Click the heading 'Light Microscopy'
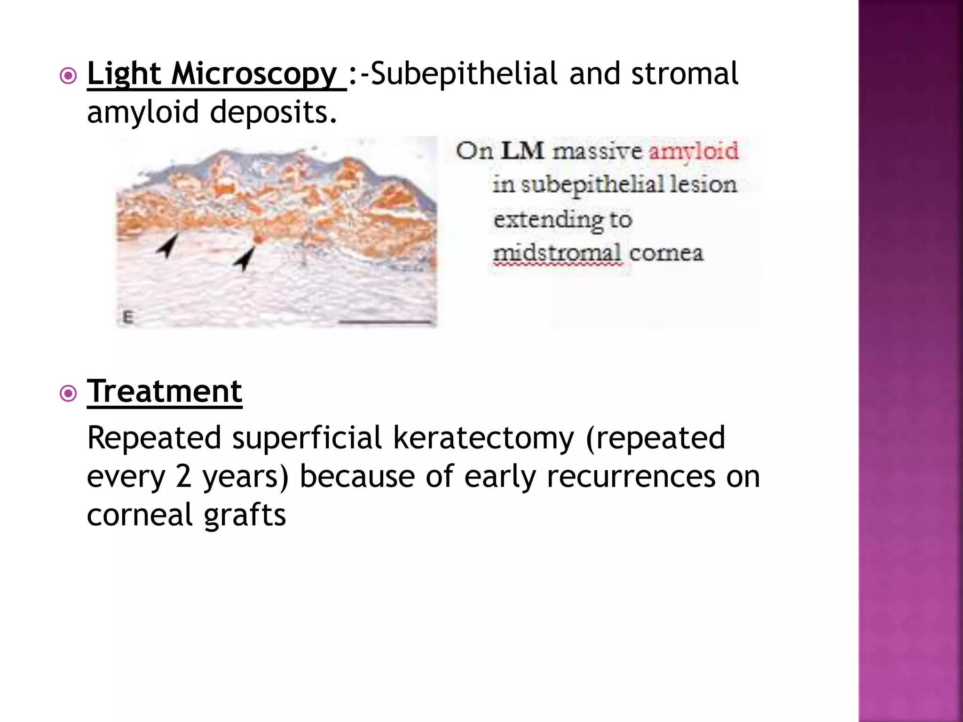pos(212,74)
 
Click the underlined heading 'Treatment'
pos(165,392)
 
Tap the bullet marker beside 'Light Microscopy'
pos(69,76)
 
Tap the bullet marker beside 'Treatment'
pos(69,393)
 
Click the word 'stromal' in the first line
pos(685,74)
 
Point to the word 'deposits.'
pos(273,113)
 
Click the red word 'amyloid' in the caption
pos(694,152)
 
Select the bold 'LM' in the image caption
pos(522,151)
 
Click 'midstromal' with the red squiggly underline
pos(558,254)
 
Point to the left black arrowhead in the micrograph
pos(167,245)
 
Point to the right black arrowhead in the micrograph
pos(245,258)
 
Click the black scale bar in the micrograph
pos(385,322)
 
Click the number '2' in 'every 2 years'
pos(183,477)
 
